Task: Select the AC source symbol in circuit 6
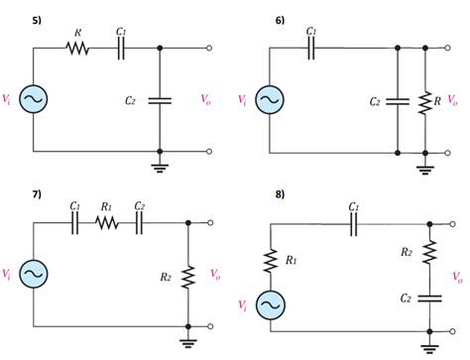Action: (268, 99)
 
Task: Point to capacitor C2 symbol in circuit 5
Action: (160, 100)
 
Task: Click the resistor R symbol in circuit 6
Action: (426, 101)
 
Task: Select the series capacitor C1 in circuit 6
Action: (311, 49)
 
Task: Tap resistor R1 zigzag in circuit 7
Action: (108, 223)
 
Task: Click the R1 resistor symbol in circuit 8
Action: (269, 261)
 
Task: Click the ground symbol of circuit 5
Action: (160, 166)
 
